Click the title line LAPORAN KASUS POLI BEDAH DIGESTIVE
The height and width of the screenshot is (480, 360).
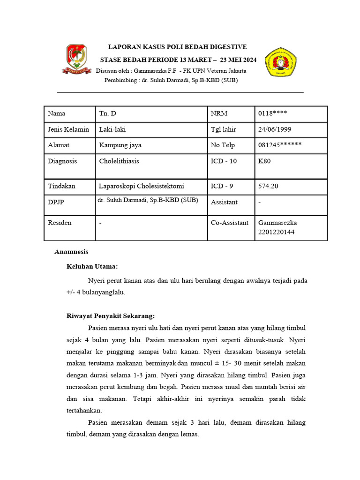click(x=177, y=47)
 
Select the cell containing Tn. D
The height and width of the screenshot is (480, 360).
click(x=107, y=113)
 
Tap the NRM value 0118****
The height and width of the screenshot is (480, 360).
click(x=272, y=113)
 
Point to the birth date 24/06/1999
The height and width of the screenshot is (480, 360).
click(x=274, y=129)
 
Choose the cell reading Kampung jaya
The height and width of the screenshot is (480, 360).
click(x=120, y=145)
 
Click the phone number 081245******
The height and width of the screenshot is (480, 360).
click(x=280, y=145)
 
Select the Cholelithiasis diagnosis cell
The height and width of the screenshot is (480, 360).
click(x=119, y=161)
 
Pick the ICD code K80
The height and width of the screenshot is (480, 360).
click(x=264, y=161)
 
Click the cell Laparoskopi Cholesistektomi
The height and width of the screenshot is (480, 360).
click(x=141, y=186)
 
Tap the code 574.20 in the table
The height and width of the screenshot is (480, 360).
click(x=268, y=186)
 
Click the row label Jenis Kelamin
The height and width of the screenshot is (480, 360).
click(x=68, y=129)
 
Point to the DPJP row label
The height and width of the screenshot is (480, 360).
click(x=57, y=202)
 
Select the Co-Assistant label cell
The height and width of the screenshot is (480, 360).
click(x=230, y=223)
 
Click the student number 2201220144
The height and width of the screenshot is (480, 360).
click(x=276, y=232)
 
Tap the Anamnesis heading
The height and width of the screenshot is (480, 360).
click(x=71, y=252)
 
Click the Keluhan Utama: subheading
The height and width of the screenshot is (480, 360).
click(x=92, y=266)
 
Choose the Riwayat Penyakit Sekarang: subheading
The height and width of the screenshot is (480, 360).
click(x=111, y=316)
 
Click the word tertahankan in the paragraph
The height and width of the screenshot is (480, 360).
click(x=84, y=410)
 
